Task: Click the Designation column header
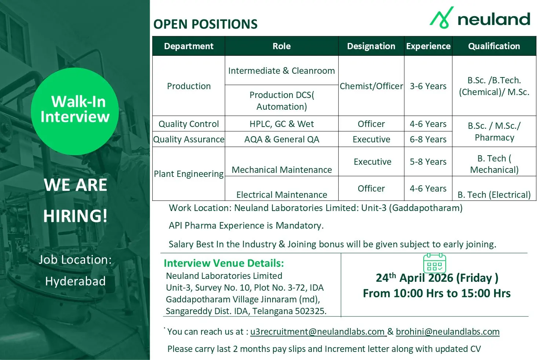coord(371,46)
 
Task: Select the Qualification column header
coord(494,46)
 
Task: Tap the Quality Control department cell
coord(189,124)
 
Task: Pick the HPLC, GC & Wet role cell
coord(282,124)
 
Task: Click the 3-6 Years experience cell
coord(428,86)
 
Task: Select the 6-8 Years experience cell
coord(428,139)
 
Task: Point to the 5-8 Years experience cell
coord(428,161)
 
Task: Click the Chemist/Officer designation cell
coord(371,86)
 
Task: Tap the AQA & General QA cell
coord(282,139)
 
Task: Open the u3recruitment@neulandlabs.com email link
coord(318,332)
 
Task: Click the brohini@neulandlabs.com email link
coord(448,332)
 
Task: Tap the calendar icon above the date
coord(434,263)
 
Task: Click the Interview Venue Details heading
coord(224,263)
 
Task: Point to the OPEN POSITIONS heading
coord(205,24)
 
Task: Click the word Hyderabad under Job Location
coord(75,281)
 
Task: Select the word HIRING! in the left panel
coord(75,215)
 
